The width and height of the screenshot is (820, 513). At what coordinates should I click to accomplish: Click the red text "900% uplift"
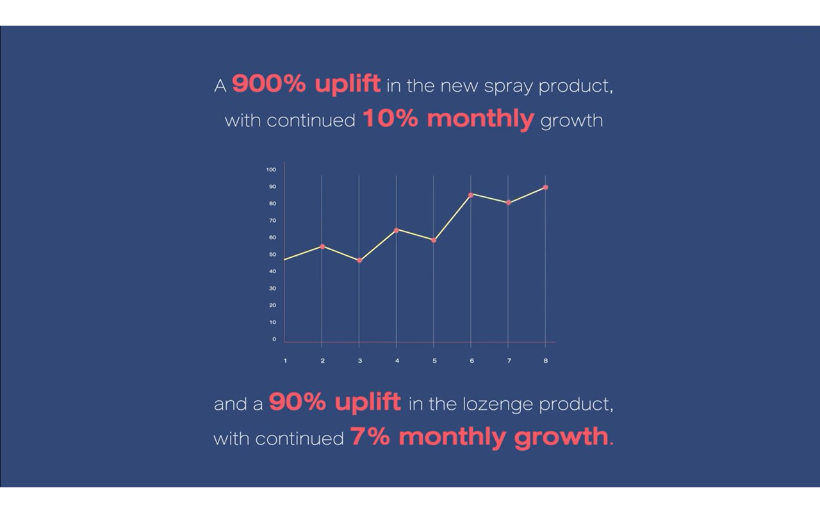tap(306, 84)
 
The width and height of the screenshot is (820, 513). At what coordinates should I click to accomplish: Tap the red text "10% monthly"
tap(448, 119)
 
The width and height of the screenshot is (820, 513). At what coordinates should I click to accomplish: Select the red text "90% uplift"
tap(334, 402)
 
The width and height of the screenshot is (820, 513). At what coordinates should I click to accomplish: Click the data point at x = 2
tap(322, 247)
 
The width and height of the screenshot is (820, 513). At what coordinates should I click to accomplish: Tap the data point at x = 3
tap(359, 260)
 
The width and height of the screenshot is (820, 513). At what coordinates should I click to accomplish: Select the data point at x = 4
tap(397, 230)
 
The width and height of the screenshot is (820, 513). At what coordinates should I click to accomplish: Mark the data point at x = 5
tap(434, 240)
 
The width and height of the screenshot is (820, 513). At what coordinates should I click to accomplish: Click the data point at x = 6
tap(471, 195)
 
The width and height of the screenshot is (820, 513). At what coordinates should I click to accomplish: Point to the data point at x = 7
tap(509, 203)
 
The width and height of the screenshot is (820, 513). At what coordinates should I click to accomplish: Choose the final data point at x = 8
tap(545, 187)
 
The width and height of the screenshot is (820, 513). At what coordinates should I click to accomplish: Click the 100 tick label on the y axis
tap(271, 170)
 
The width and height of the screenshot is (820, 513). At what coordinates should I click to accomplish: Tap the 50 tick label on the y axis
tap(273, 255)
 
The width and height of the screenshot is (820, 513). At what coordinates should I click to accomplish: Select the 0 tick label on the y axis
tap(274, 339)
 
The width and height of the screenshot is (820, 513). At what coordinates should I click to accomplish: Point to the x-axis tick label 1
tap(286, 360)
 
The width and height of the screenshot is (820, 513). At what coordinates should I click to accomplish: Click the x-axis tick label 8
tap(546, 360)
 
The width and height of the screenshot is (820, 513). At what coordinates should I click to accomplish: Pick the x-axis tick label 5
tap(434, 360)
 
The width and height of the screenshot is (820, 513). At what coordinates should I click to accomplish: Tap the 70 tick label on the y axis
tap(273, 221)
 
